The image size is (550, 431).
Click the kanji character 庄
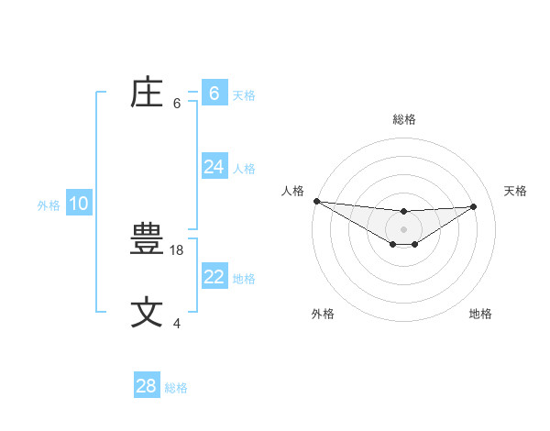[148, 94]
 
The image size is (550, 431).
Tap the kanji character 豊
[148, 241]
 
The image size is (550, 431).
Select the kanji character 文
[148, 312]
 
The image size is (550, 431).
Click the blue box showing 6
[214, 94]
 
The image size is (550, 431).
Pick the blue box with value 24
[214, 167]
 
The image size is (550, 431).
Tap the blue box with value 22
[214, 277]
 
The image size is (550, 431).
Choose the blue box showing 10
[79, 204]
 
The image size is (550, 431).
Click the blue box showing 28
[146, 386]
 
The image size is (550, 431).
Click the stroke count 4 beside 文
[177, 323]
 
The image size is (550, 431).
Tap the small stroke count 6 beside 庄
[177, 103]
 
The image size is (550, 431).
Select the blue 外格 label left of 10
[49, 205]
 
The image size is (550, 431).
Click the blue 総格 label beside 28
[176, 388]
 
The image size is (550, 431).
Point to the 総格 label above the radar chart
[404, 119]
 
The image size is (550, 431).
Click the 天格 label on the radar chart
[515, 191]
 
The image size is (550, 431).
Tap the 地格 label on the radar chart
[480, 314]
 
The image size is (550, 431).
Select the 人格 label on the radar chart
[292, 191]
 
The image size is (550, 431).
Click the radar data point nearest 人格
[316, 201]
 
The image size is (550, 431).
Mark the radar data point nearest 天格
[474, 206]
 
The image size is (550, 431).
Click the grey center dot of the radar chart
[403, 228]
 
